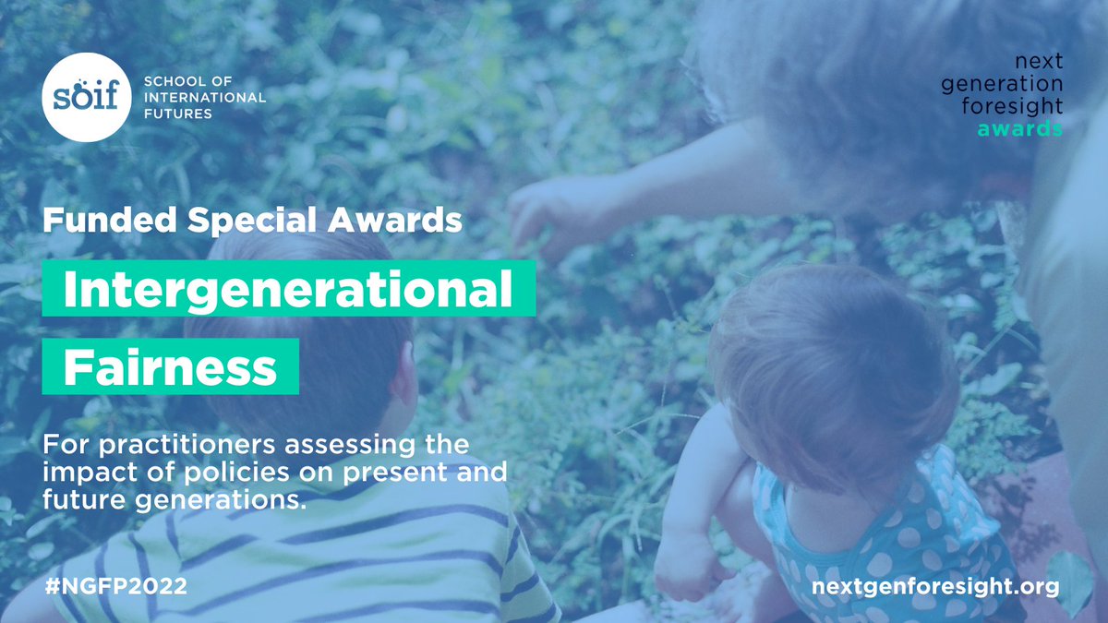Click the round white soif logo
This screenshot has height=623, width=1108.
87,97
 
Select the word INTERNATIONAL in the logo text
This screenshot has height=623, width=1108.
205,98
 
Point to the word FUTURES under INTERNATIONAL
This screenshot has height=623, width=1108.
178,114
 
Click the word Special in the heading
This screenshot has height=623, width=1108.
251,221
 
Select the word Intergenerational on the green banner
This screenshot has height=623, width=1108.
288,289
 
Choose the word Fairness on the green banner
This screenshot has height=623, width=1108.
170,367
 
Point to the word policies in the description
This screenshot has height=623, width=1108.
236,473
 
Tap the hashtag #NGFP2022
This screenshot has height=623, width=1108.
115,587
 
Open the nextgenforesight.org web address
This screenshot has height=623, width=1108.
935,587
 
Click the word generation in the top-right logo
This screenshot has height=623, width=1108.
1002,84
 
